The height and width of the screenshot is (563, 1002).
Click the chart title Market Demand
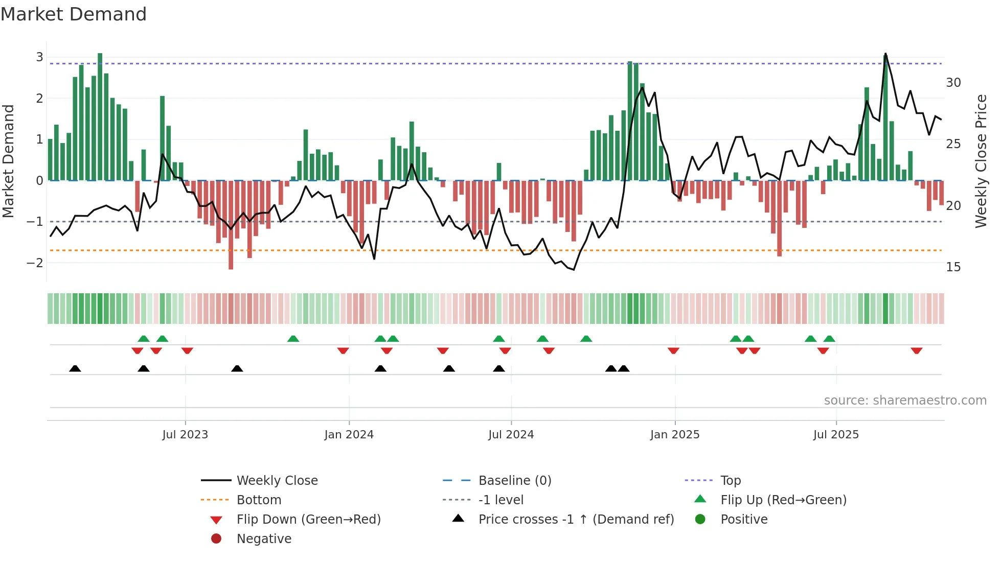coord(74,14)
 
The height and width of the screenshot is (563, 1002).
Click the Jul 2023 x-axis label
coord(185,435)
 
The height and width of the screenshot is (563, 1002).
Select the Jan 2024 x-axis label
coord(349,435)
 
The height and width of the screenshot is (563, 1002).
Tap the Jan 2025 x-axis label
coord(674,435)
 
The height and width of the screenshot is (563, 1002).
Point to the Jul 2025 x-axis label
coord(836,435)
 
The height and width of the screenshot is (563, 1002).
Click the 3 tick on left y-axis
coord(39,57)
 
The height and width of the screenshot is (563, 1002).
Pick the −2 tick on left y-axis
coord(35,263)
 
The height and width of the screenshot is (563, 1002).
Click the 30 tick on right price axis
coord(953,83)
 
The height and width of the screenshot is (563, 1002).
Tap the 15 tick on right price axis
coord(953,267)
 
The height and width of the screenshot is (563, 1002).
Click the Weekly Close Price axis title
coord(981,161)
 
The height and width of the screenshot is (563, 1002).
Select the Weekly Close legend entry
coord(277,481)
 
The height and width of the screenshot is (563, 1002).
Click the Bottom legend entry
coord(259,500)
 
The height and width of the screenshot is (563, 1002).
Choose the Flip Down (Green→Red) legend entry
coord(308,520)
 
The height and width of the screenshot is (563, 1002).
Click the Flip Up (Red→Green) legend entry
coord(783,500)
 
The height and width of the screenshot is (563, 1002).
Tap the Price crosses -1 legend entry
coord(576,520)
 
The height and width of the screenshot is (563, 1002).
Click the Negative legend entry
coord(264,539)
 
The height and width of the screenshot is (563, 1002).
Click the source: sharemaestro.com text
coord(905,401)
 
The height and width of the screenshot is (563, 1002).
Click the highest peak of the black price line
coord(885,54)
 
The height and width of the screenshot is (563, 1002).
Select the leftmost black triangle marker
coord(75,368)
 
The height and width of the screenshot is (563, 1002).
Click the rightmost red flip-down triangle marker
coord(916,350)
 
